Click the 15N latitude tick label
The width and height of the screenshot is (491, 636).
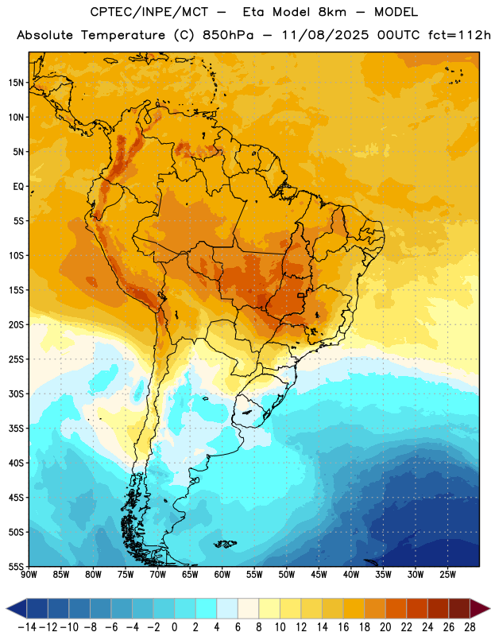click(16, 83)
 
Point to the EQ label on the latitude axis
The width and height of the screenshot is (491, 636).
click(18, 187)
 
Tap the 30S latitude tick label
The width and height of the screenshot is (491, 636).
click(16, 394)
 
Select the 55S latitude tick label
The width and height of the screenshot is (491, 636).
click(16, 566)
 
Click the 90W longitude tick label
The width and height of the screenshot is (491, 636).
click(29, 574)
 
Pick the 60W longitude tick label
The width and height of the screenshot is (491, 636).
click(222, 574)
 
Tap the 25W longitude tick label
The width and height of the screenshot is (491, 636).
click(447, 574)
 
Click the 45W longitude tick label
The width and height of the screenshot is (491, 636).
click(319, 574)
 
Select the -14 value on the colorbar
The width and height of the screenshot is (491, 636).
click(28, 627)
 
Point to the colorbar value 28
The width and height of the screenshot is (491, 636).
click(470, 627)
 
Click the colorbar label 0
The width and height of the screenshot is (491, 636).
click(174, 627)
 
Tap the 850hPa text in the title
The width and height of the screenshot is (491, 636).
click(228, 35)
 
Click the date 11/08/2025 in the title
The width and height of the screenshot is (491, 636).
click(326, 35)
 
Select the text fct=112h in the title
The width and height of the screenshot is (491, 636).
click(459, 35)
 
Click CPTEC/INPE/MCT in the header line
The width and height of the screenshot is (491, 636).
click(149, 12)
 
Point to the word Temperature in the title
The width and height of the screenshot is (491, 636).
click(123, 35)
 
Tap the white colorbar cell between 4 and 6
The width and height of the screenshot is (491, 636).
click(227, 608)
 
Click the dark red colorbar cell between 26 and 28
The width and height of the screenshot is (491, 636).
click(459, 608)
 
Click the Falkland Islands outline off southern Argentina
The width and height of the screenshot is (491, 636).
click(225, 544)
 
